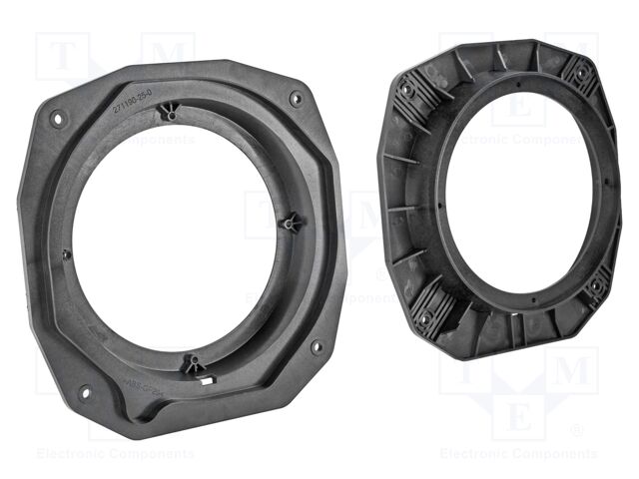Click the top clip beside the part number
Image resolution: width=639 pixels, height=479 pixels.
(173, 115)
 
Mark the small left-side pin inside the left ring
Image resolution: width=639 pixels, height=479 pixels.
(66, 252)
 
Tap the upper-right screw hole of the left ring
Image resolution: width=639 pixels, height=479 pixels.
(296, 99)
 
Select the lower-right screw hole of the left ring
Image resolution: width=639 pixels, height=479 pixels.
(317, 346)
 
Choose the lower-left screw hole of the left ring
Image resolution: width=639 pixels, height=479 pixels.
(84, 391)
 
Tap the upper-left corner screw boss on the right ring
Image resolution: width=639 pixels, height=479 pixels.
(407, 91)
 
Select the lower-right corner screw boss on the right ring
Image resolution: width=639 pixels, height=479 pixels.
(596, 286)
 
